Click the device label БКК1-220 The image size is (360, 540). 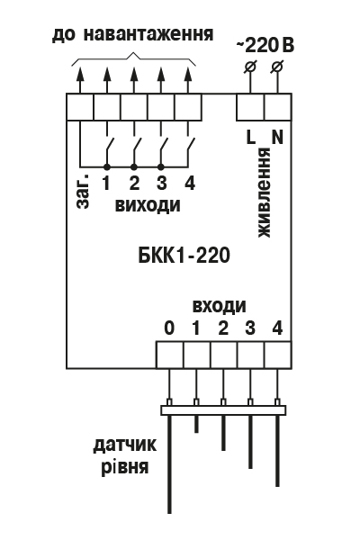(x=184, y=256)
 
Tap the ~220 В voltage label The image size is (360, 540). (x=265, y=46)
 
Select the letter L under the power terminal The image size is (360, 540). (x=251, y=137)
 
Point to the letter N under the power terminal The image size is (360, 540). (x=277, y=137)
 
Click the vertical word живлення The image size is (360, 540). (x=265, y=193)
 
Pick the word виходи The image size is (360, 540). (x=148, y=205)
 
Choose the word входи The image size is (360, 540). (x=220, y=306)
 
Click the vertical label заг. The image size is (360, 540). (x=84, y=191)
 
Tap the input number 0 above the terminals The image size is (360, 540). (x=169, y=328)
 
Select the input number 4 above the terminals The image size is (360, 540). (x=277, y=328)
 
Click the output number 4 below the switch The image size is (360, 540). (x=190, y=183)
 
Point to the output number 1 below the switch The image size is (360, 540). (x=106, y=183)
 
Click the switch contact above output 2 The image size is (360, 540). (x=136, y=148)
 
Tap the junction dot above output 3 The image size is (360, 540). (x=161, y=167)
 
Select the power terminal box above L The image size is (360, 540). (x=250, y=107)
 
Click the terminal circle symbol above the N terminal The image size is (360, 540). (x=277, y=66)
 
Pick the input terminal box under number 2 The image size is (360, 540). (x=224, y=355)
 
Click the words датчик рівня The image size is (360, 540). (x=125, y=455)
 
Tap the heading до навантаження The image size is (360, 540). (x=133, y=34)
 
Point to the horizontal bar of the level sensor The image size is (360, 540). (x=223, y=410)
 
